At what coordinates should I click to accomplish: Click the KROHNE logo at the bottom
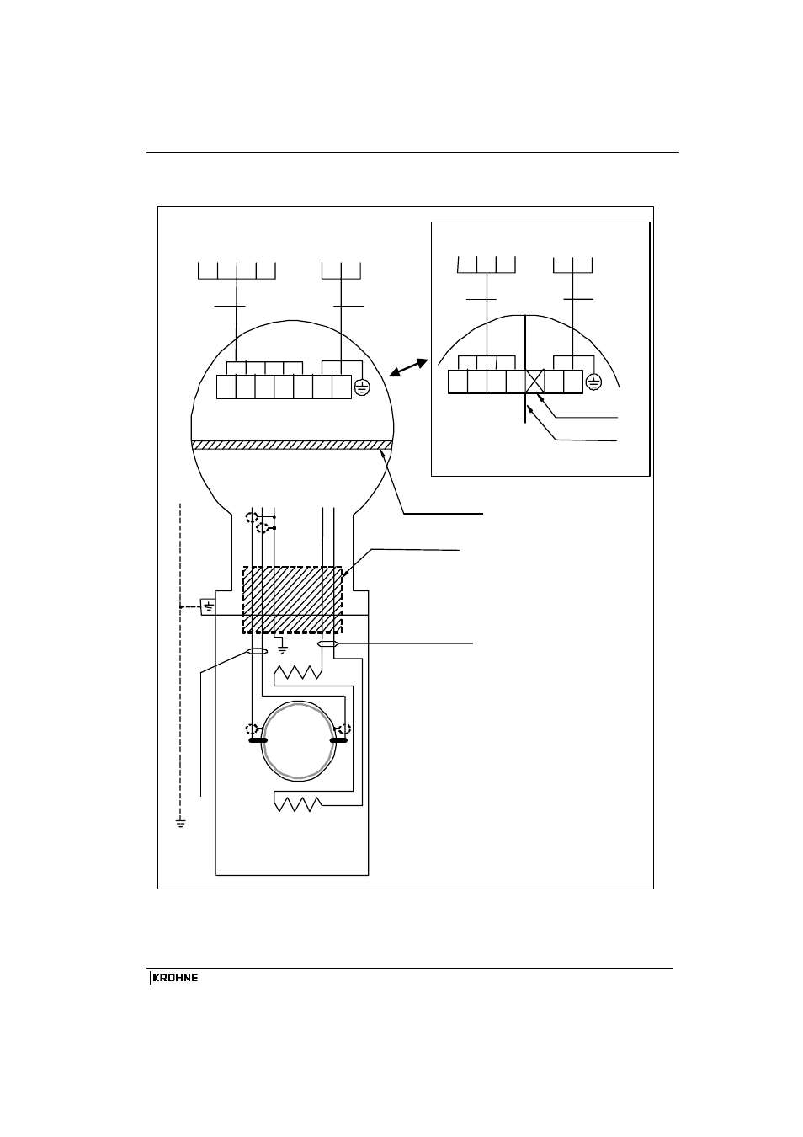[x=174, y=978]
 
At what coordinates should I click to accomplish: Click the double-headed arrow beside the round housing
[x=408, y=367]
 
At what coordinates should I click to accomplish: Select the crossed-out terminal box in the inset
[x=534, y=382]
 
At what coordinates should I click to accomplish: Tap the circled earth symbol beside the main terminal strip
[x=362, y=387]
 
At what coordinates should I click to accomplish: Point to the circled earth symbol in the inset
[x=593, y=382]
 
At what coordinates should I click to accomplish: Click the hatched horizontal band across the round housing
[x=292, y=446]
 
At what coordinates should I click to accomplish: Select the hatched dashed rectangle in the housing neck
[x=292, y=600]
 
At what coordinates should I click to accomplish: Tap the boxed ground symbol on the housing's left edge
[x=209, y=607]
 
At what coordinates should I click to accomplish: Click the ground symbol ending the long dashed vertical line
[x=181, y=823]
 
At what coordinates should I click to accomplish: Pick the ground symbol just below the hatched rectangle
[x=283, y=649]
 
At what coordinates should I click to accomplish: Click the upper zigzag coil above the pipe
[x=298, y=673]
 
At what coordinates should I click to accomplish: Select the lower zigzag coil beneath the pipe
[x=297, y=804]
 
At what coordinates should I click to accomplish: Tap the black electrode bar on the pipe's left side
[x=258, y=740]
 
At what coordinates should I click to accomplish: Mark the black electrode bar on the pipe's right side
[x=338, y=740]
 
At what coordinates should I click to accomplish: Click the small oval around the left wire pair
[x=257, y=651]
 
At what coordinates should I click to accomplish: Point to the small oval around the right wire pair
[x=327, y=644]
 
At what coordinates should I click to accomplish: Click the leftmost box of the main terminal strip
[x=226, y=387]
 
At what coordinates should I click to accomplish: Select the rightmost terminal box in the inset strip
[x=573, y=382]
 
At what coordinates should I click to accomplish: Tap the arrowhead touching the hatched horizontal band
[x=382, y=451]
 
